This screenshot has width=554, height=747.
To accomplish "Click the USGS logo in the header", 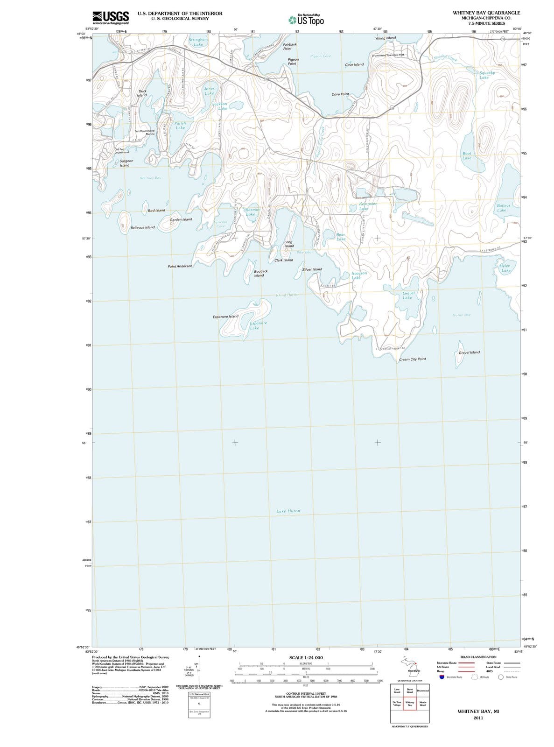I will pyautogui.click(x=111, y=17).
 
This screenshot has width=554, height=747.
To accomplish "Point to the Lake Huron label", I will pyautogui.click(x=288, y=511).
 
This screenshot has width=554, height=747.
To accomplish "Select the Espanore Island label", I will pyautogui.click(x=225, y=317).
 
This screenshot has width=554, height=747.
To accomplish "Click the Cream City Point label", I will pyautogui.click(x=412, y=359).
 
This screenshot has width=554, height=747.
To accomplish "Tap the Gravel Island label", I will pyautogui.click(x=469, y=352).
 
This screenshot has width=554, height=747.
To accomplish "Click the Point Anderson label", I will pyautogui.click(x=180, y=266).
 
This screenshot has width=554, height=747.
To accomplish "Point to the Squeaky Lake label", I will pyautogui.click(x=487, y=75).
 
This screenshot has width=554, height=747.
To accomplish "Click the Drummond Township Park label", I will pyautogui.click(x=387, y=55).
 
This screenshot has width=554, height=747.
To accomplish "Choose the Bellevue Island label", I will pyautogui.click(x=142, y=227).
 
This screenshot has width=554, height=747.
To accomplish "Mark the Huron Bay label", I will pyautogui.click(x=461, y=315).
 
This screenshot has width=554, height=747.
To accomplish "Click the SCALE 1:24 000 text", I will pyautogui.click(x=306, y=658).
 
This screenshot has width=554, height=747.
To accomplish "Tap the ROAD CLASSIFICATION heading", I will pyautogui.click(x=478, y=657).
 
